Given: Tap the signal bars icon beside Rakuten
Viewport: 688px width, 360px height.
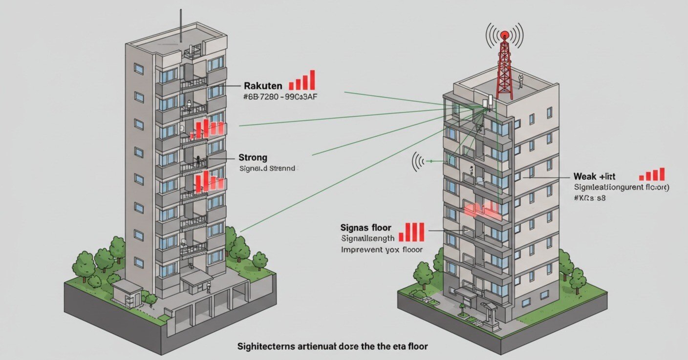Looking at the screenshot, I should [302, 81].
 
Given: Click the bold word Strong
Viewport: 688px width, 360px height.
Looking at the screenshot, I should [253, 158].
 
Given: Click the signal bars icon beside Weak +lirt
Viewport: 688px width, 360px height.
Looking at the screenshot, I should [652, 174].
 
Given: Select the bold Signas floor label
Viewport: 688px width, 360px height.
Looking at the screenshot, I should [366, 228].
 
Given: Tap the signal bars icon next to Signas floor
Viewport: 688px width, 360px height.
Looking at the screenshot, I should [411, 232].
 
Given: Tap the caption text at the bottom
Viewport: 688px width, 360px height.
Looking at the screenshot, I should [332, 346].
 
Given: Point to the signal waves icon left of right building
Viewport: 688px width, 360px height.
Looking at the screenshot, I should [419, 161].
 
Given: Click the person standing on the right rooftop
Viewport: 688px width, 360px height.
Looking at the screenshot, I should [521, 82].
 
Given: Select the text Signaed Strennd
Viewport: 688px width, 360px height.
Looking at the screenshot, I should [267, 169].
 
